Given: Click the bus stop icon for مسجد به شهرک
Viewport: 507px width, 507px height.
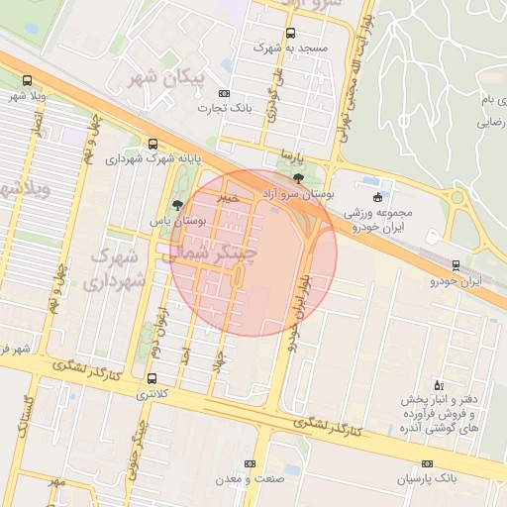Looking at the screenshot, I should coord(290,33).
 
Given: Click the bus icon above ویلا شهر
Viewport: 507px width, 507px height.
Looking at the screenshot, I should coord(27,81).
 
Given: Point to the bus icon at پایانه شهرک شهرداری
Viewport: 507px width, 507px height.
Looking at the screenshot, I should coord(152,143).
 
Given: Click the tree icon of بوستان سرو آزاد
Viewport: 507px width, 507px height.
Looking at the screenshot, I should coord(299,178).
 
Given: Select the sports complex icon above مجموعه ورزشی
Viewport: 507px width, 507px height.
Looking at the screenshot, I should coord(377,196).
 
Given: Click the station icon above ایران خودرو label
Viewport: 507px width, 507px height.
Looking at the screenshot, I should coord(456,264).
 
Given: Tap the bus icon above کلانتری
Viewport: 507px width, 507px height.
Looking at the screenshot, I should coord(152,378).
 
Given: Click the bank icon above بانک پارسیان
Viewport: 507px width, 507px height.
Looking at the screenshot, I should coord(427,463).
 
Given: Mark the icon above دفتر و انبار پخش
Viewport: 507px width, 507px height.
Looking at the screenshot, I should coord(439,383).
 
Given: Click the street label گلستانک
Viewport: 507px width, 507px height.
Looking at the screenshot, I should coord(27,416).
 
